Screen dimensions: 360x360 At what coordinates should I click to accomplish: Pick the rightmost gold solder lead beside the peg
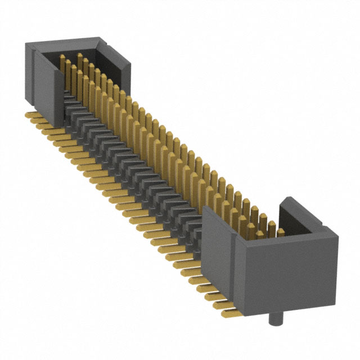coord(224,309)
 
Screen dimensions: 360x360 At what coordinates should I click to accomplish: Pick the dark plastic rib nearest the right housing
coord(194,225)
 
